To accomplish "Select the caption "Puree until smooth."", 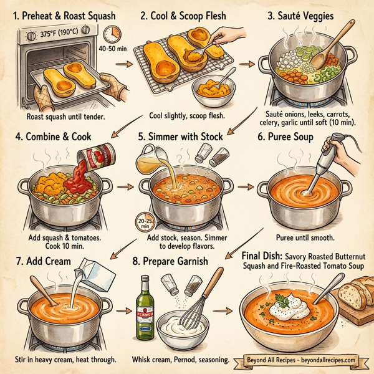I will (x=305, y=237).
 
